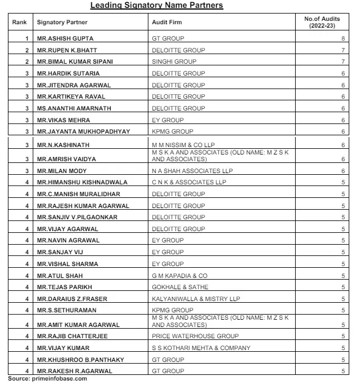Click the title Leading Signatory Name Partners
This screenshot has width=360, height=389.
pyautogui.click(x=157, y=6)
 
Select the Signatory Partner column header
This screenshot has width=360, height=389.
pyautogui.click(x=62, y=23)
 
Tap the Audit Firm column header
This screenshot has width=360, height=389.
pyautogui.click(x=167, y=23)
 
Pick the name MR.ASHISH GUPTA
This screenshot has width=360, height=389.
pyautogui.click(x=65, y=38)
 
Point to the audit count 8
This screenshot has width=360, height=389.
pyautogui.click(x=343, y=38)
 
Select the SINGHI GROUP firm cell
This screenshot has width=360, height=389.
pyautogui.click(x=174, y=61)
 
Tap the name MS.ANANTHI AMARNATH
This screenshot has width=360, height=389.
pyautogui.click(x=74, y=108)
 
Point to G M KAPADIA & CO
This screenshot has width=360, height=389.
pyautogui.click(x=180, y=276)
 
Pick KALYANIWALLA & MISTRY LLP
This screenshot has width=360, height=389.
pyautogui.click(x=196, y=299)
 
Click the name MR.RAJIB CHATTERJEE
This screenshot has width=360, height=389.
pyautogui.click(x=72, y=336)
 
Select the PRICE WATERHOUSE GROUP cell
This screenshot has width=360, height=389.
pyautogui.click(x=195, y=336)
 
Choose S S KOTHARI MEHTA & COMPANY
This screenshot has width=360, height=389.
pyautogui.click(x=201, y=348)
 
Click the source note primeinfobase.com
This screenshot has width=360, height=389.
pyautogui.click(x=47, y=378)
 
